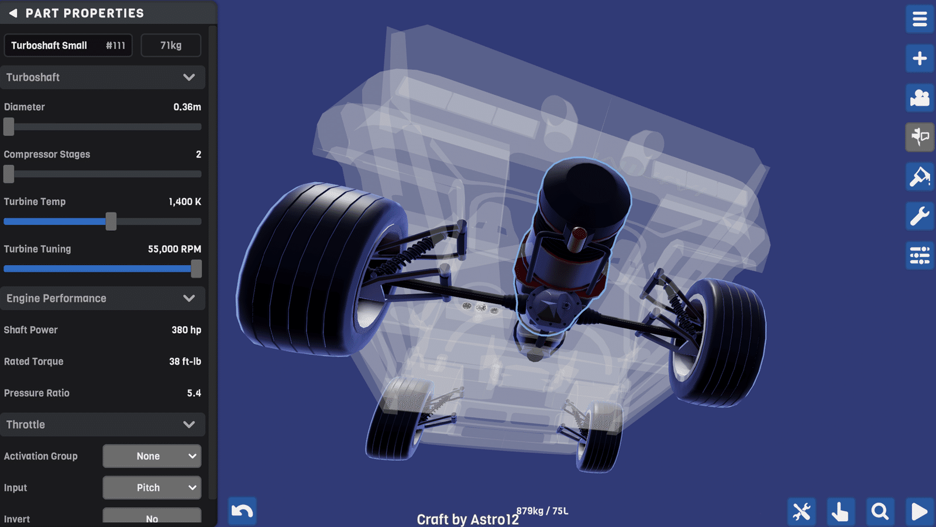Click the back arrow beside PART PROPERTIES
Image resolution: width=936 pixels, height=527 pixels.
[13, 13]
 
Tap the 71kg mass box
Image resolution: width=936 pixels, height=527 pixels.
[171, 45]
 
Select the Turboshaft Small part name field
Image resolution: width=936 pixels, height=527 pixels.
[68, 45]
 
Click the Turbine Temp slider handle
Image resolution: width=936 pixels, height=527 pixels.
[111, 221]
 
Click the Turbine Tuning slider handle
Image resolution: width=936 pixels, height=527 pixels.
[196, 269]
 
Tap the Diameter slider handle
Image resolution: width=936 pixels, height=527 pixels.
[9, 126]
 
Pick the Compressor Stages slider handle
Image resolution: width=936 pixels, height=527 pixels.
[9, 173]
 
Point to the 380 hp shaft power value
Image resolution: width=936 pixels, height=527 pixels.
[187, 330]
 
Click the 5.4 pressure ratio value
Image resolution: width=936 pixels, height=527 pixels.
[194, 393]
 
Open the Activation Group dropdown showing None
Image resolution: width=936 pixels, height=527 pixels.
[152, 456]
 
